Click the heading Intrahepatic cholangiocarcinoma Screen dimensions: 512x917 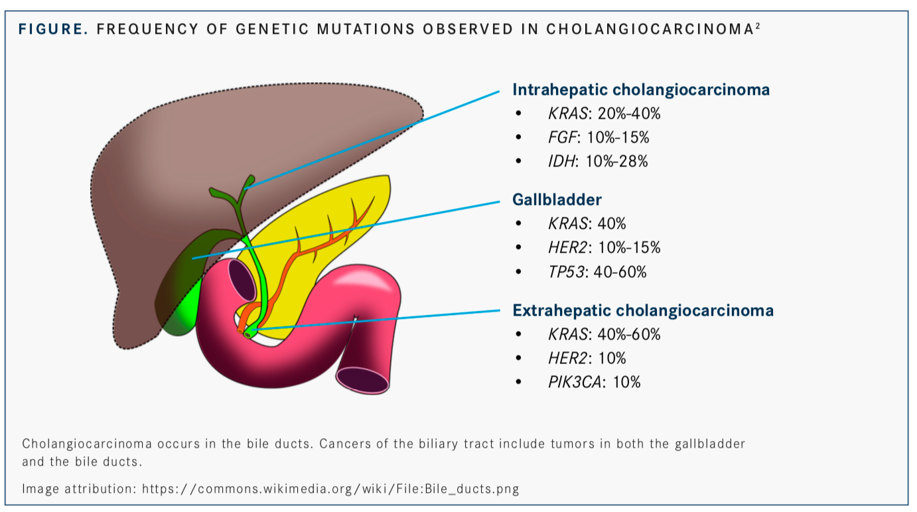click(x=641, y=90)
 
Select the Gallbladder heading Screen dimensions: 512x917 click(x=557, y=199)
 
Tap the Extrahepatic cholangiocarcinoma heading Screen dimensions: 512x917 click(x=642, y=310)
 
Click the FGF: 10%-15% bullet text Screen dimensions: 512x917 click(x=598, y=137)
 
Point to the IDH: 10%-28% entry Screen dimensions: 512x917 click(x=597, y=161)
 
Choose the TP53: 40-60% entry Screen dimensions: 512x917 click(x=597, y=271)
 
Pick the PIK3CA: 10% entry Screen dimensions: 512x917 click(x=594, y=382)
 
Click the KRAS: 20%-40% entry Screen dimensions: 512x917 click(x=604, y=113)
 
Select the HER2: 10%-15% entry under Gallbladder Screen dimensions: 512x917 click(x=604, y=247)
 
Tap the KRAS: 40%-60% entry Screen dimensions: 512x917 click(x=604, y=334)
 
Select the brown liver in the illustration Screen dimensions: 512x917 click(x=199, y=146)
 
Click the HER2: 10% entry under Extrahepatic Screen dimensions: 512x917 click(x=587, y=358)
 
